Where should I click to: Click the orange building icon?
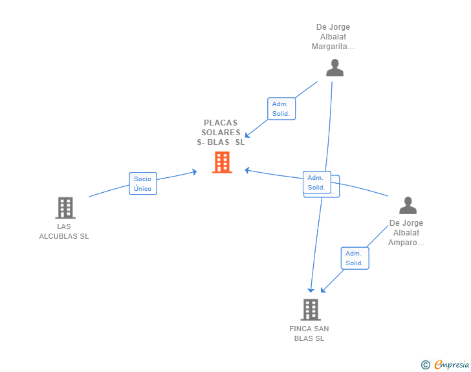[x=222, y=162]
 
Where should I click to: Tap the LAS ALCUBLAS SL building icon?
[x=65, y=208]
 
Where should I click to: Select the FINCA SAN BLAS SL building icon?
[x=311, y=309]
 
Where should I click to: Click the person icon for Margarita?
[x=334, y=68]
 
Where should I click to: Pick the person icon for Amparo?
[x=408, y=205]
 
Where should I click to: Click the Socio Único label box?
[x=143, y=183]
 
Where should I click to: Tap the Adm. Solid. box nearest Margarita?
[x=281, y=109]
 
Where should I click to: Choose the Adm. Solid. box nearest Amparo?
[x=355, y=258]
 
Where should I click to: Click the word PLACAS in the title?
[x=221, y=122]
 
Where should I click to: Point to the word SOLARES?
[x=221, y=132]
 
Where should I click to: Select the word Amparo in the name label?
[x=402, y=243]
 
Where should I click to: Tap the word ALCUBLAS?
[x=59, y=237]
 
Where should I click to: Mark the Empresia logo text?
[x=452, y=364]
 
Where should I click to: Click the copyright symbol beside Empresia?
[x=425, y=364]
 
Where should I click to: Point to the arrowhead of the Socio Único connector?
[x=195, y=172]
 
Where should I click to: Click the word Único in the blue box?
[x=143, y=188]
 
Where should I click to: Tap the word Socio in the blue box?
[x=142, y=179]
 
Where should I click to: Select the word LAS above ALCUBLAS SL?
[x=64, y=226]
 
